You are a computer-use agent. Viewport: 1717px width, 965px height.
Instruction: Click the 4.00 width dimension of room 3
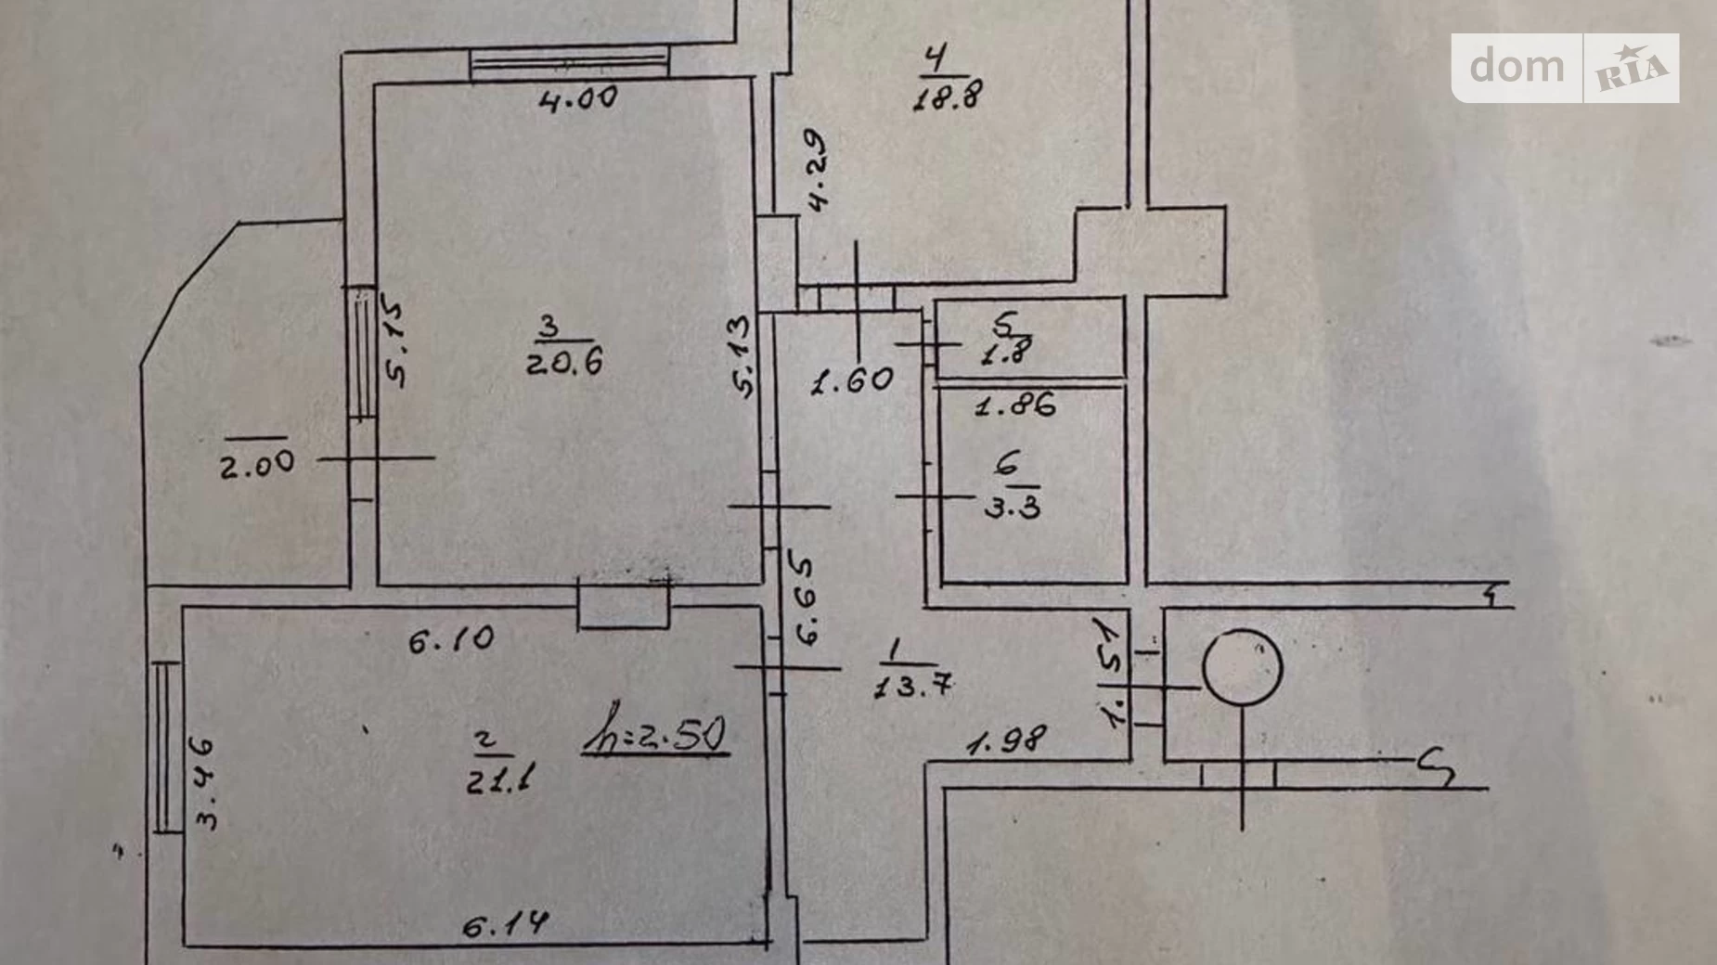577,97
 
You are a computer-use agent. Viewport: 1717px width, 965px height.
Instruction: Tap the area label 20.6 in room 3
564,361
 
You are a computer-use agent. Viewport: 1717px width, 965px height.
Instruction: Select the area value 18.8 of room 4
947,95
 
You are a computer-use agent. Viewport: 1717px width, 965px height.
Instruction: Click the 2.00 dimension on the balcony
257,463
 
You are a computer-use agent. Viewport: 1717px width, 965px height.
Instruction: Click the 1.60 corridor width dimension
852,380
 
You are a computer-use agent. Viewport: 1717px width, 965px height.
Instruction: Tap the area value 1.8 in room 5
1007,353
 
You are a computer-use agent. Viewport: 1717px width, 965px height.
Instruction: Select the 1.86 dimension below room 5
1015,405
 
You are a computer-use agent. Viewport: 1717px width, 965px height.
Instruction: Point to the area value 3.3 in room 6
1012,507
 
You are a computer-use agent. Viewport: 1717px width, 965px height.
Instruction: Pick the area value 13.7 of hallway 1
913,686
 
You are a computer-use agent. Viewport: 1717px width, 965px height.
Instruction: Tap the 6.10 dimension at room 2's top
451,638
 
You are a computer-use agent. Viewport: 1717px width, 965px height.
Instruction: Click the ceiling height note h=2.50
655,734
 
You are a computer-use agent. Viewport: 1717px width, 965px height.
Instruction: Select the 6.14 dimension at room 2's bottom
505,924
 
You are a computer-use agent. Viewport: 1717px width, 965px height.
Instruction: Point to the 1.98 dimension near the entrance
1006,740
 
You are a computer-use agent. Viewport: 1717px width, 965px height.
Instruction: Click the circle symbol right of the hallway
1242,667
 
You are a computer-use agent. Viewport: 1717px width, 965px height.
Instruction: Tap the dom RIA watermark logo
1565,68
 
